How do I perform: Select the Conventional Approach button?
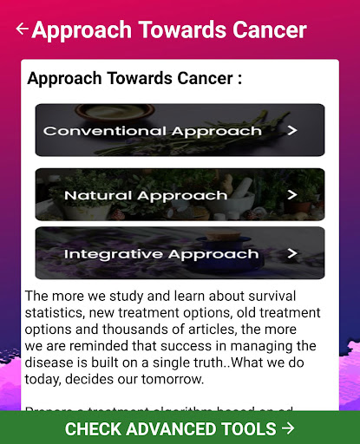(180, 131)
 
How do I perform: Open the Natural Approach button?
(180, 194)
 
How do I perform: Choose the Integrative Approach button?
(180, 253)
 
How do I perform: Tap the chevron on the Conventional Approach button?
(292, 131)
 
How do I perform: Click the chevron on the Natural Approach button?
(292, 194)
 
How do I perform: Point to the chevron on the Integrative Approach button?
(292, 254)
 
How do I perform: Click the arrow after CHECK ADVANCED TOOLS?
(288, 428)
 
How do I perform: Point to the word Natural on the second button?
(94, 195)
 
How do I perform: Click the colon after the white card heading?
(238, 79)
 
